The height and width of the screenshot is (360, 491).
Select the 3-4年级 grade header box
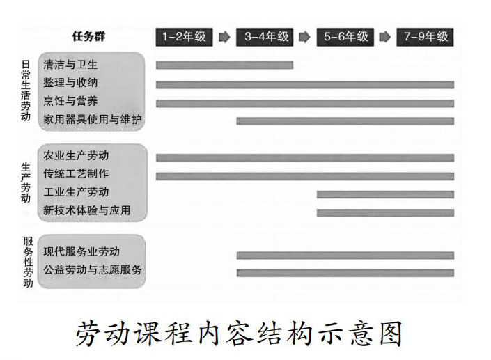265,37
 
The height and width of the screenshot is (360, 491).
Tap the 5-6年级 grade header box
345,37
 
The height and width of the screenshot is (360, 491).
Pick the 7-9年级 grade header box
425,37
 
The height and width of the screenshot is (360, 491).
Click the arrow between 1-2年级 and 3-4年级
224,37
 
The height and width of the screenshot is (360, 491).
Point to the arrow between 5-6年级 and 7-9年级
385,37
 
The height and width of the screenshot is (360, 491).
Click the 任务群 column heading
90,36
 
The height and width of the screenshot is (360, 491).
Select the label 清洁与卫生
70,65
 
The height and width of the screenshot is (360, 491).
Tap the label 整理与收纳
70,84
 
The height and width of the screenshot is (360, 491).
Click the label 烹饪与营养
70,102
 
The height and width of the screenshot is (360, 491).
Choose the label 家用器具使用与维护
93,120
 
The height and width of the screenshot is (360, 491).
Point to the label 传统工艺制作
76,173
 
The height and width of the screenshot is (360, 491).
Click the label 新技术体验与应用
86,210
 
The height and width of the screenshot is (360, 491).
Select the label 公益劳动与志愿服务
93,269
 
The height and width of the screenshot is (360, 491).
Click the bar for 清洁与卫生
224,65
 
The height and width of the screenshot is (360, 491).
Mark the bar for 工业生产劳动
385,194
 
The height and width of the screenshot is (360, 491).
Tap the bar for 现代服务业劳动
345,255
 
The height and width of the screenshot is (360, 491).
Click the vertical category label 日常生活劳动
26,91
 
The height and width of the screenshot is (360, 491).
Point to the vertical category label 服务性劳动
26,263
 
